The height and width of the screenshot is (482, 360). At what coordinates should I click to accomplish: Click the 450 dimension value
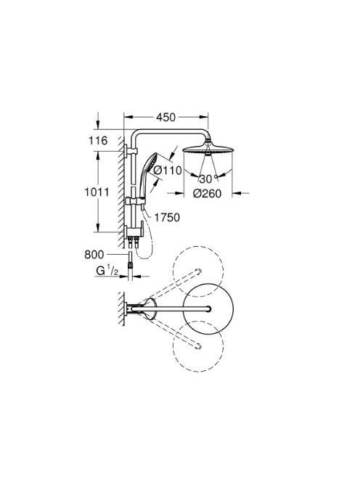click(165, 117)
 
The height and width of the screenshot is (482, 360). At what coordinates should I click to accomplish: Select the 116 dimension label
click(98, 141)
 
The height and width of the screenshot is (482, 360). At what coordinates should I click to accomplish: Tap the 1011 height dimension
click(97, 192)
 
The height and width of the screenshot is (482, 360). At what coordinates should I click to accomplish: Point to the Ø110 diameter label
click(168, 170)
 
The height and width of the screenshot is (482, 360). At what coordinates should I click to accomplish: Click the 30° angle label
click(206, 179)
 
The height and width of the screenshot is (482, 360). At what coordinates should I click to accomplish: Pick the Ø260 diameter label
click(207, 193)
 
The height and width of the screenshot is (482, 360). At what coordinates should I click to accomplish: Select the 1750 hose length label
click(167, 218)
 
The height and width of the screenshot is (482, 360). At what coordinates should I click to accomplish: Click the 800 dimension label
click(94, 255)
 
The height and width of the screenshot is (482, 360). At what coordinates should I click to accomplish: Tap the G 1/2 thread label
click(107, 271)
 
